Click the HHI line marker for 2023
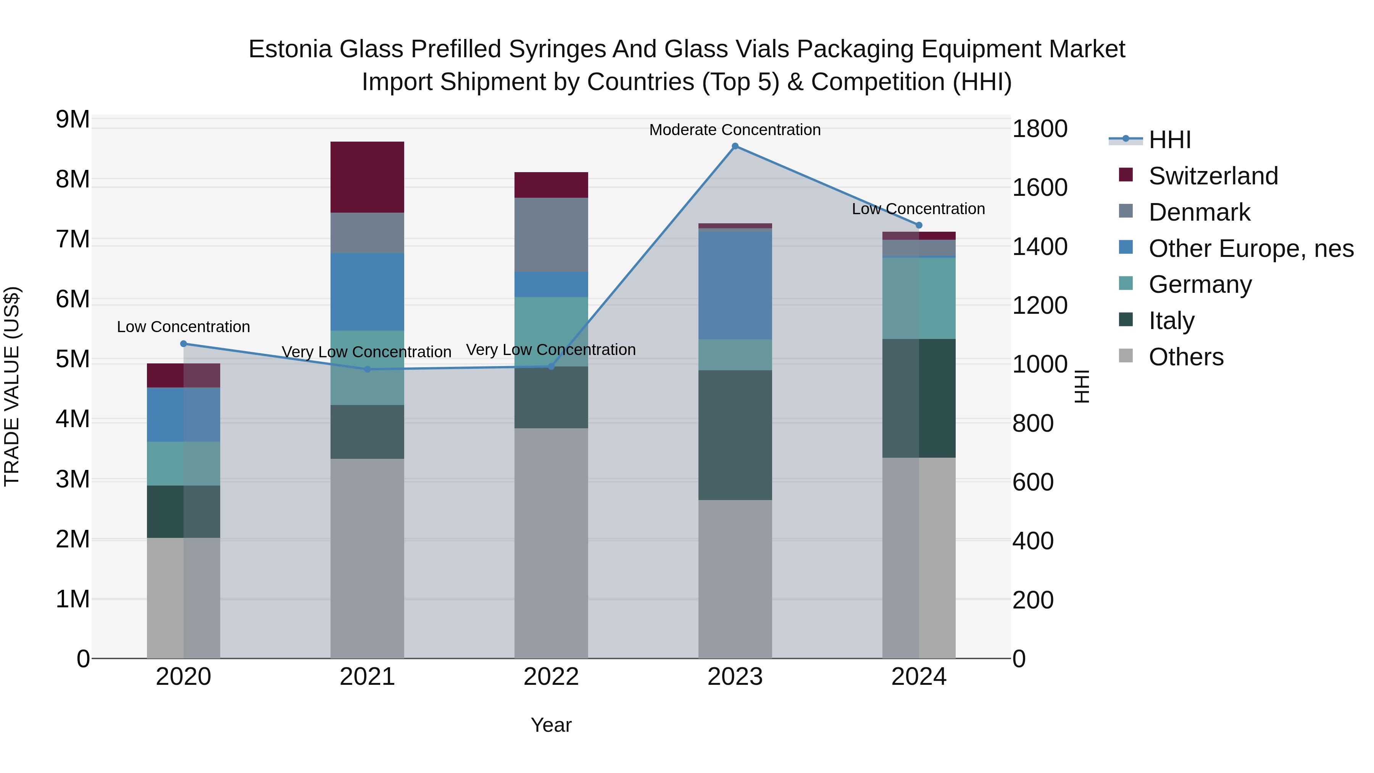(x=735, y=146)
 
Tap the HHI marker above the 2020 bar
(x=184, y=344)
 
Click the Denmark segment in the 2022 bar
(x=551, y=235)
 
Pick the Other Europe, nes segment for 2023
(x=735, y=286)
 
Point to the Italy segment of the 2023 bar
(x=735, y=435)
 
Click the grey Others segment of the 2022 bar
(x=551, y=543)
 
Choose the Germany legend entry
(x=1200, y=284)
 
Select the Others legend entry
(x=1186, y=357)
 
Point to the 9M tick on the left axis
(x=73, y=119)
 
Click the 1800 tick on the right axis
(x=1039, y=129)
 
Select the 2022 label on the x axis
(x=551, y=677)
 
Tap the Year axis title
(x=551, y=725)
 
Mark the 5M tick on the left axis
(x=73, y=359)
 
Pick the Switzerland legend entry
(x=1213, y=176)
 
